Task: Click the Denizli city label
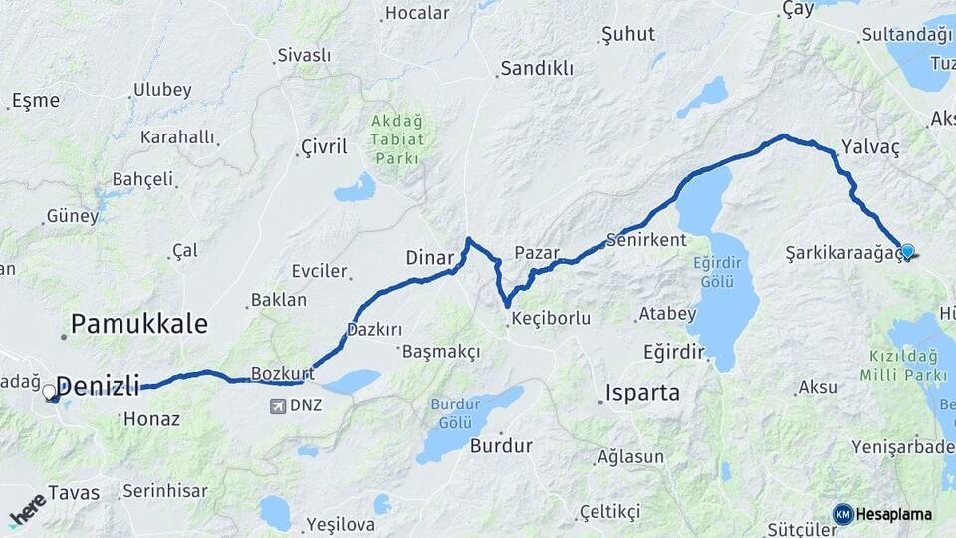(98, 387)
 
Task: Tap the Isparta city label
(642, 392)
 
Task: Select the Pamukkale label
(139, 323)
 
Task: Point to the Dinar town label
(430, 258)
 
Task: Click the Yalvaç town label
(870, 147)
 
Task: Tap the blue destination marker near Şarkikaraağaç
(907, 251)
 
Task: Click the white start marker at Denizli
(50, 393)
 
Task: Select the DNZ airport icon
(277, 405)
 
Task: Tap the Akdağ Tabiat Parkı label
(397, 139)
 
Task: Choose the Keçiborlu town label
(550, 319)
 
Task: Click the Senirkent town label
(647, 240)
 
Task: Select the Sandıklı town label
(537, 69)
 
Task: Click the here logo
(28, 510)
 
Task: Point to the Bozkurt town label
(282, 373)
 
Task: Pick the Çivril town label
(324, 147)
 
